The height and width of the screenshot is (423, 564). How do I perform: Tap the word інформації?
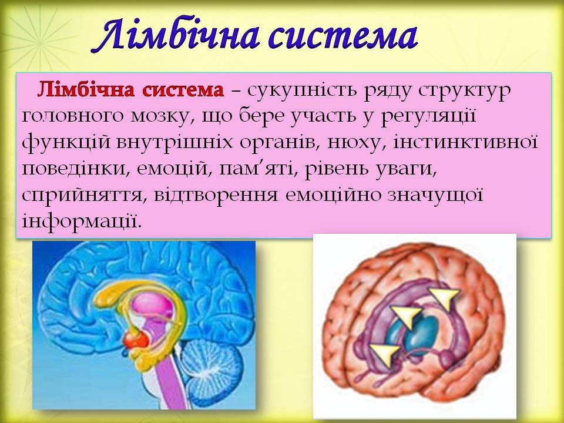tap(82, 221)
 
